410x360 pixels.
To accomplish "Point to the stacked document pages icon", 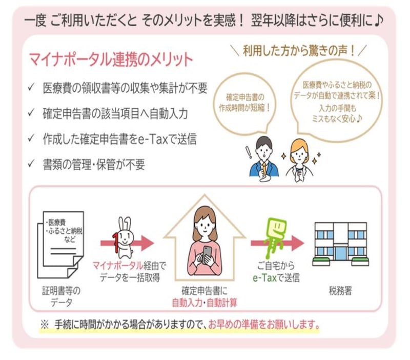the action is [x=60, y=240].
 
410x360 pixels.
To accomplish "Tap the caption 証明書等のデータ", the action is [x=60, y=296].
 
